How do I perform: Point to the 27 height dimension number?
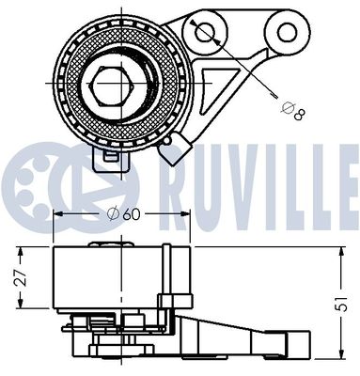tap(15, 277)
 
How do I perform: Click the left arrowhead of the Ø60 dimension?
tap(57, 213)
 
